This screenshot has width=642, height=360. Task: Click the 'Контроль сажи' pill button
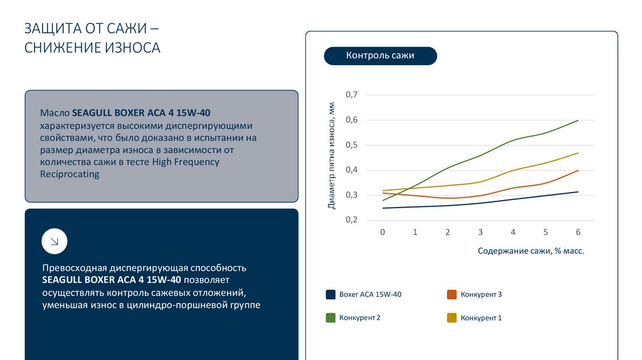(380, 56)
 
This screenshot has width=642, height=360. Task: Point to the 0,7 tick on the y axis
(351, 95)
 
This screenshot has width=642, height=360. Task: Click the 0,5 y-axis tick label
(351, 145)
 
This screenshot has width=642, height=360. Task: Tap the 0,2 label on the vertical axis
(351, 220)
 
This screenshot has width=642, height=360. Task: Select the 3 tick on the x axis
(480, 232)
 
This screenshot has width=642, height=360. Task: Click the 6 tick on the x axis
(578, 232)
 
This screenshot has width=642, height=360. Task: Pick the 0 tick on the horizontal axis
(382, 232)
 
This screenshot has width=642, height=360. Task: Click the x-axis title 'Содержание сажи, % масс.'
(530, 251)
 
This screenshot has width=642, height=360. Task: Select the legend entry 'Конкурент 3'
(481, 294)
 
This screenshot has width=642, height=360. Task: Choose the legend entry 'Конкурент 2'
(359, 318)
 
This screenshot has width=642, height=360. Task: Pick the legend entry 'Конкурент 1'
(481, 318)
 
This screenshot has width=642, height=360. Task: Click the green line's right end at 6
(577, 120)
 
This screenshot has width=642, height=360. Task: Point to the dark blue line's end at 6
(577, 192)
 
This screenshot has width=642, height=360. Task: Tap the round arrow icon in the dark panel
(55, 241)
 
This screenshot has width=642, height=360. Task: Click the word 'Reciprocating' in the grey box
(70, 174)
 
